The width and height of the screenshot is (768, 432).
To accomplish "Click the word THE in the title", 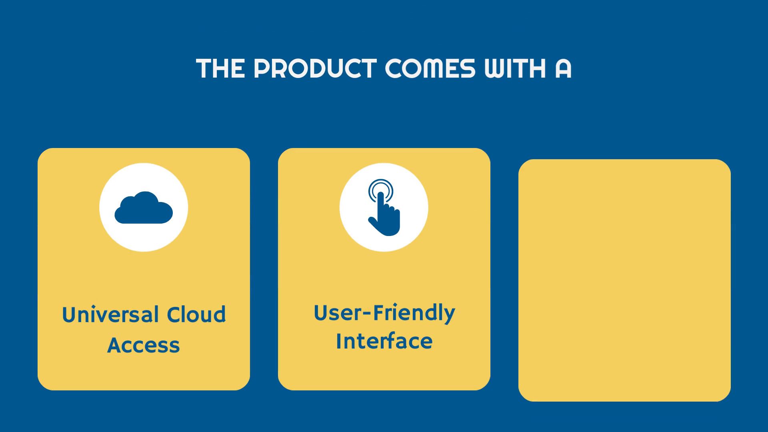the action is click(x=220, y=68).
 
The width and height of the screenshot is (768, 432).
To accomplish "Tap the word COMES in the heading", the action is click(x=430, y=68).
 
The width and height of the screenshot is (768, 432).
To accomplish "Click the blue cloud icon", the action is click(x=144, y=207).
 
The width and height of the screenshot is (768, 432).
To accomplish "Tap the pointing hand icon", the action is click(x=384, y=207).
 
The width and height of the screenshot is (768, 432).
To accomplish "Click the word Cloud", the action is click(x=196, y=314).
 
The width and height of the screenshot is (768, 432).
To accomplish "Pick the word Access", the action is click(x=144, y=345).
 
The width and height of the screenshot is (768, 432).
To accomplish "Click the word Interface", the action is click(x=384, y=341).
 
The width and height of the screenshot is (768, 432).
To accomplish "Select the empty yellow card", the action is click(x=624, y=280).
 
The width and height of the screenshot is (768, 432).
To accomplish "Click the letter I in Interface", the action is click(x=339, y=341).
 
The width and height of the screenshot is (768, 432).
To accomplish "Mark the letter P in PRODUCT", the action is click(x=262, y=68).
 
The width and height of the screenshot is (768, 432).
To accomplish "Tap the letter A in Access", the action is click(x=115, y=345).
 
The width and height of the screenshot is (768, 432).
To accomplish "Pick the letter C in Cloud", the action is click(x=174, y=315).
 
